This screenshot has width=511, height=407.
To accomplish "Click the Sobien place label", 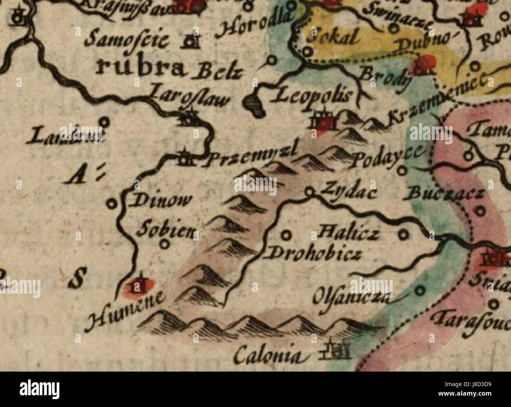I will pyautogui.click(x=165, y=230).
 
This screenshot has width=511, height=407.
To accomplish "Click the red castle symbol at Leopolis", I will pyautogui.click(x=325, y=122).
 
